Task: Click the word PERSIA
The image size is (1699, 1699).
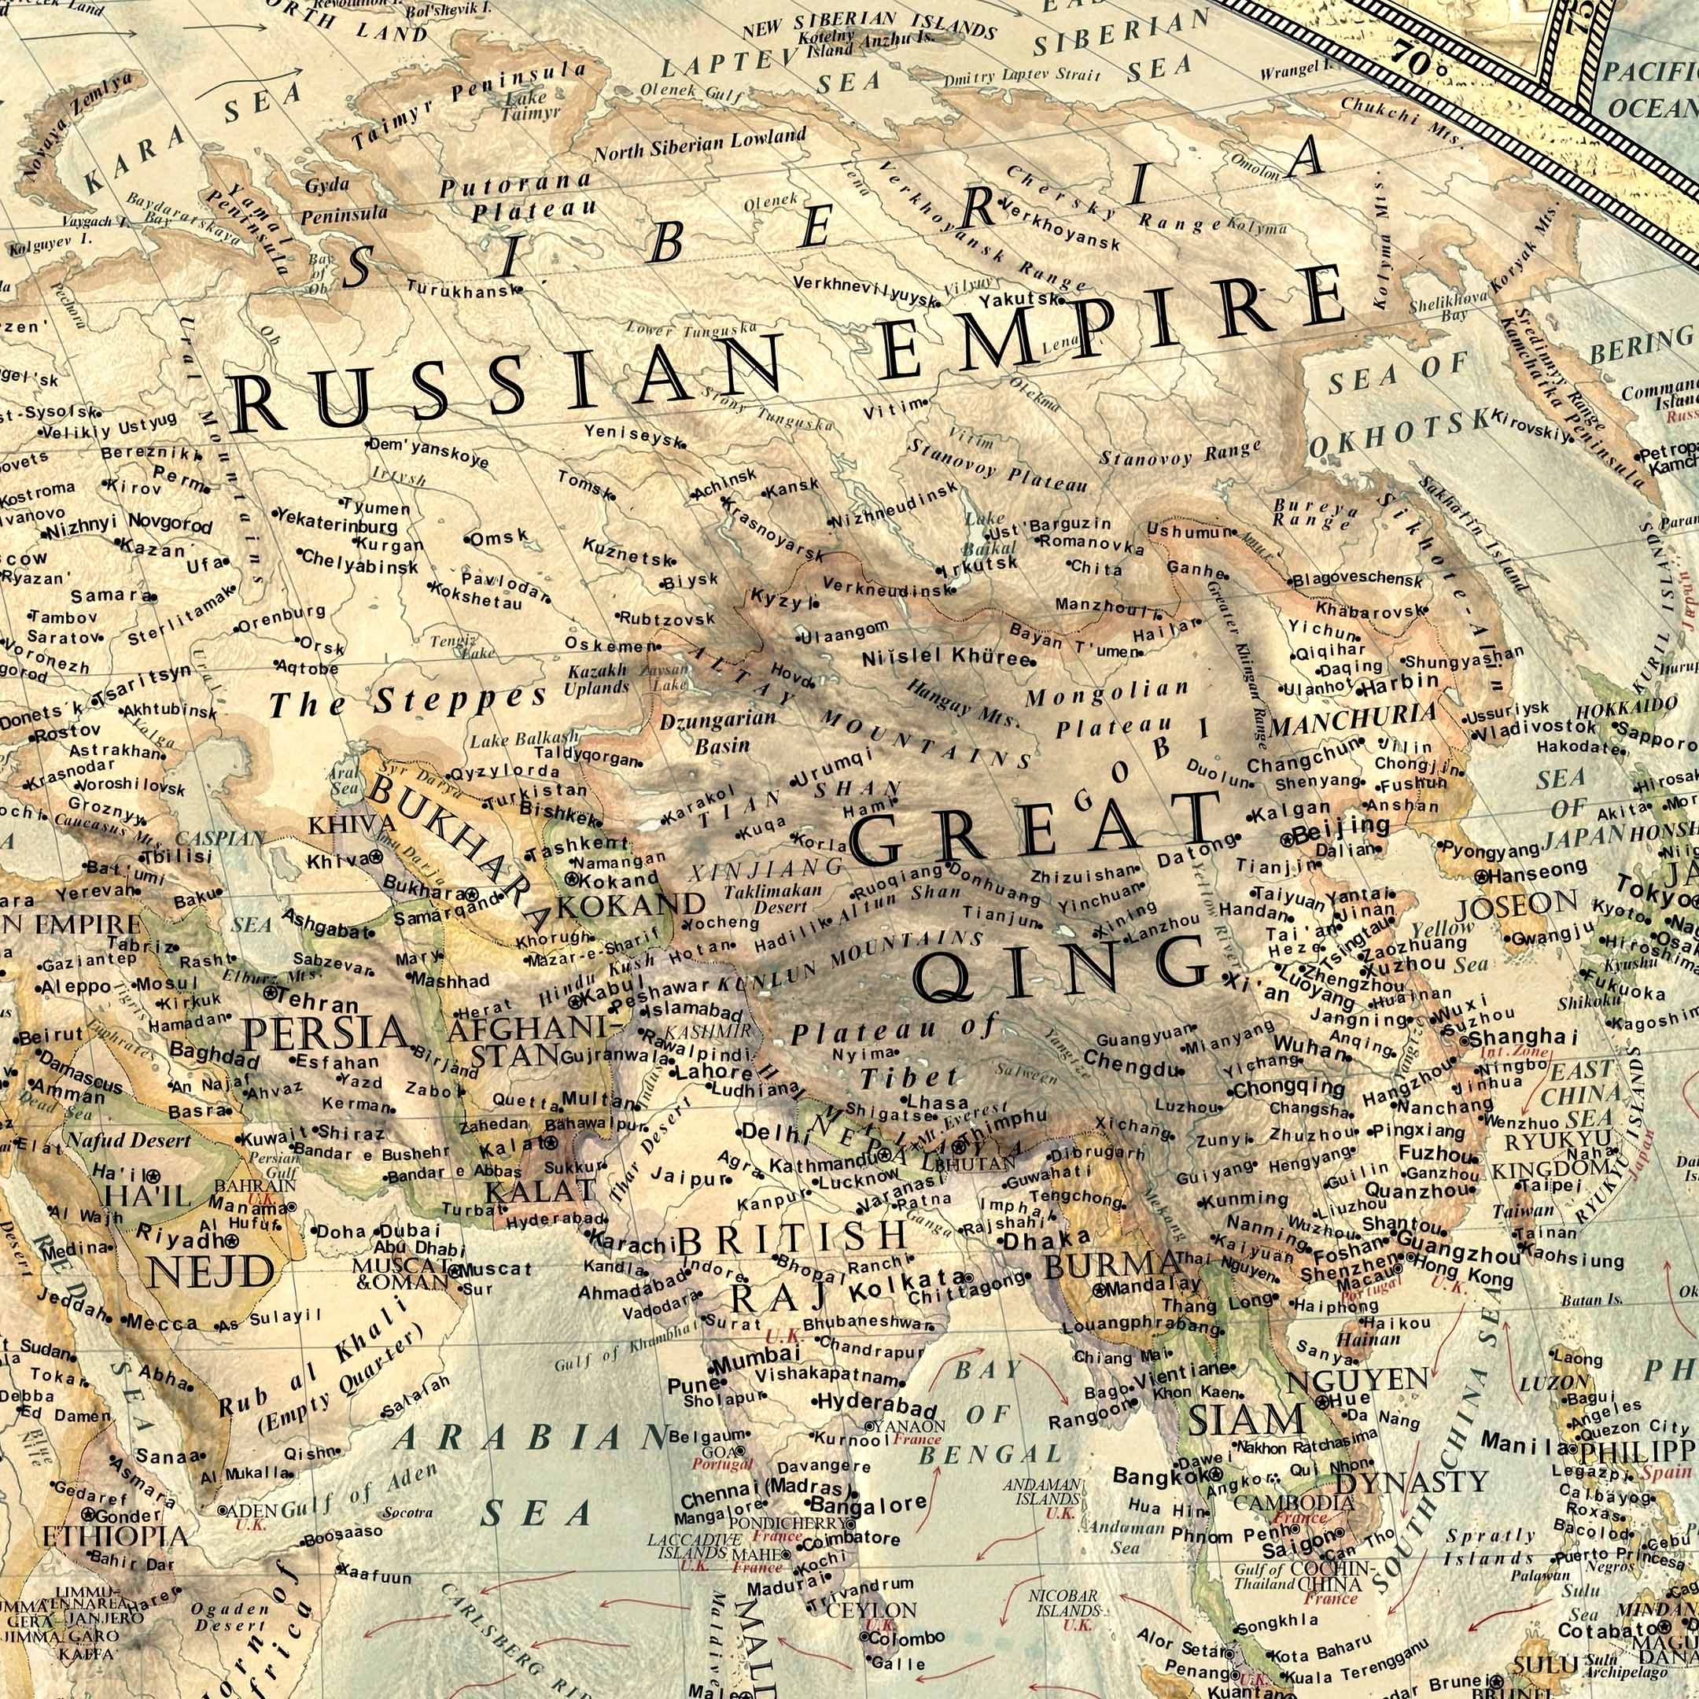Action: click(325, 1034)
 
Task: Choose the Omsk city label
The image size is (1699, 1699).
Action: click(499, 537)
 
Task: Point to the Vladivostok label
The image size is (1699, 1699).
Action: click(1533, 728)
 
